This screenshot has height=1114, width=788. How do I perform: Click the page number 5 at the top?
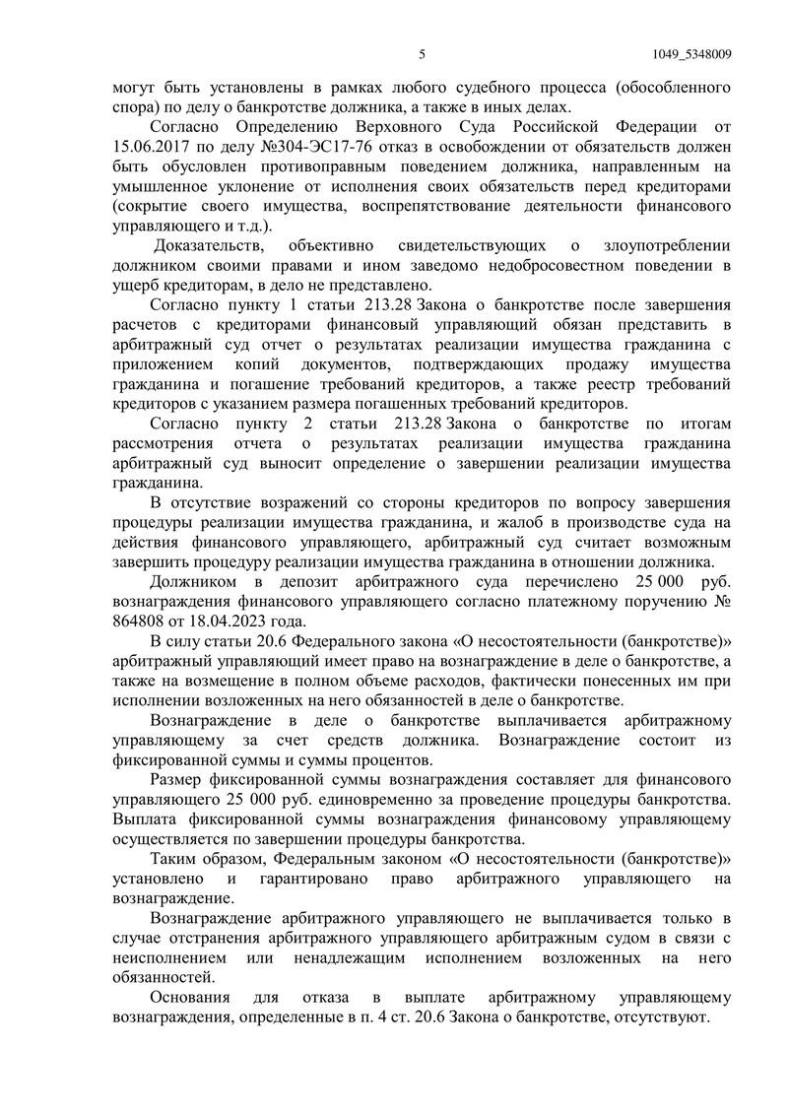(x=421, y=54)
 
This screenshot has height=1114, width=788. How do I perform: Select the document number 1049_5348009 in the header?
(x=691, y=54)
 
